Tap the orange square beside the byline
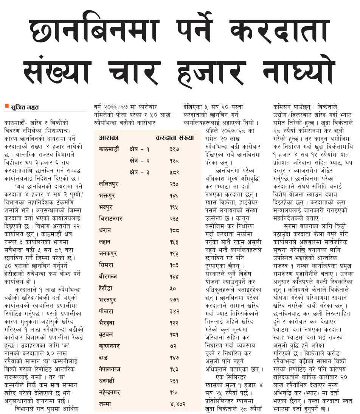[6, 106]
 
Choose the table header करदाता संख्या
[174, 138]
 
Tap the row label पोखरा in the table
[107, 311]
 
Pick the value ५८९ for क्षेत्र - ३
[174, 172]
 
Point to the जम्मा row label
[105, 404]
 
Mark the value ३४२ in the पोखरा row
[174, 311]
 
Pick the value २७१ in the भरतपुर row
[174, 300]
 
